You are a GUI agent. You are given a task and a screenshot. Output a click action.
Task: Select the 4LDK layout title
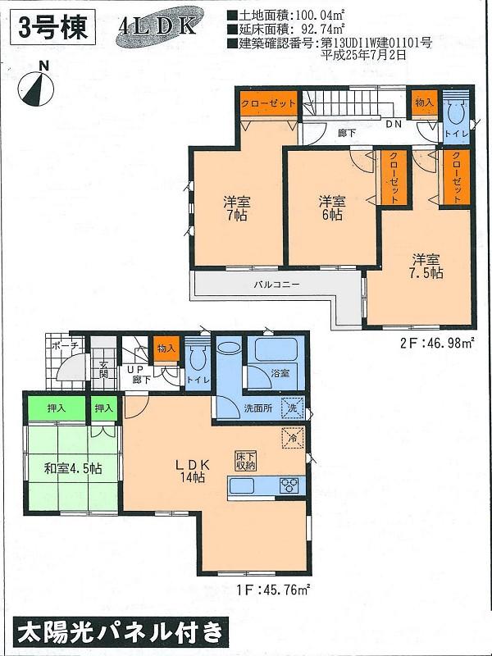pos(157,26)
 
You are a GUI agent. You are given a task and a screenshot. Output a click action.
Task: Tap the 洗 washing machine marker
pos(292,408)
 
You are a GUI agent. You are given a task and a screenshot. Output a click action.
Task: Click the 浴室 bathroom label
pos(280,373)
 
